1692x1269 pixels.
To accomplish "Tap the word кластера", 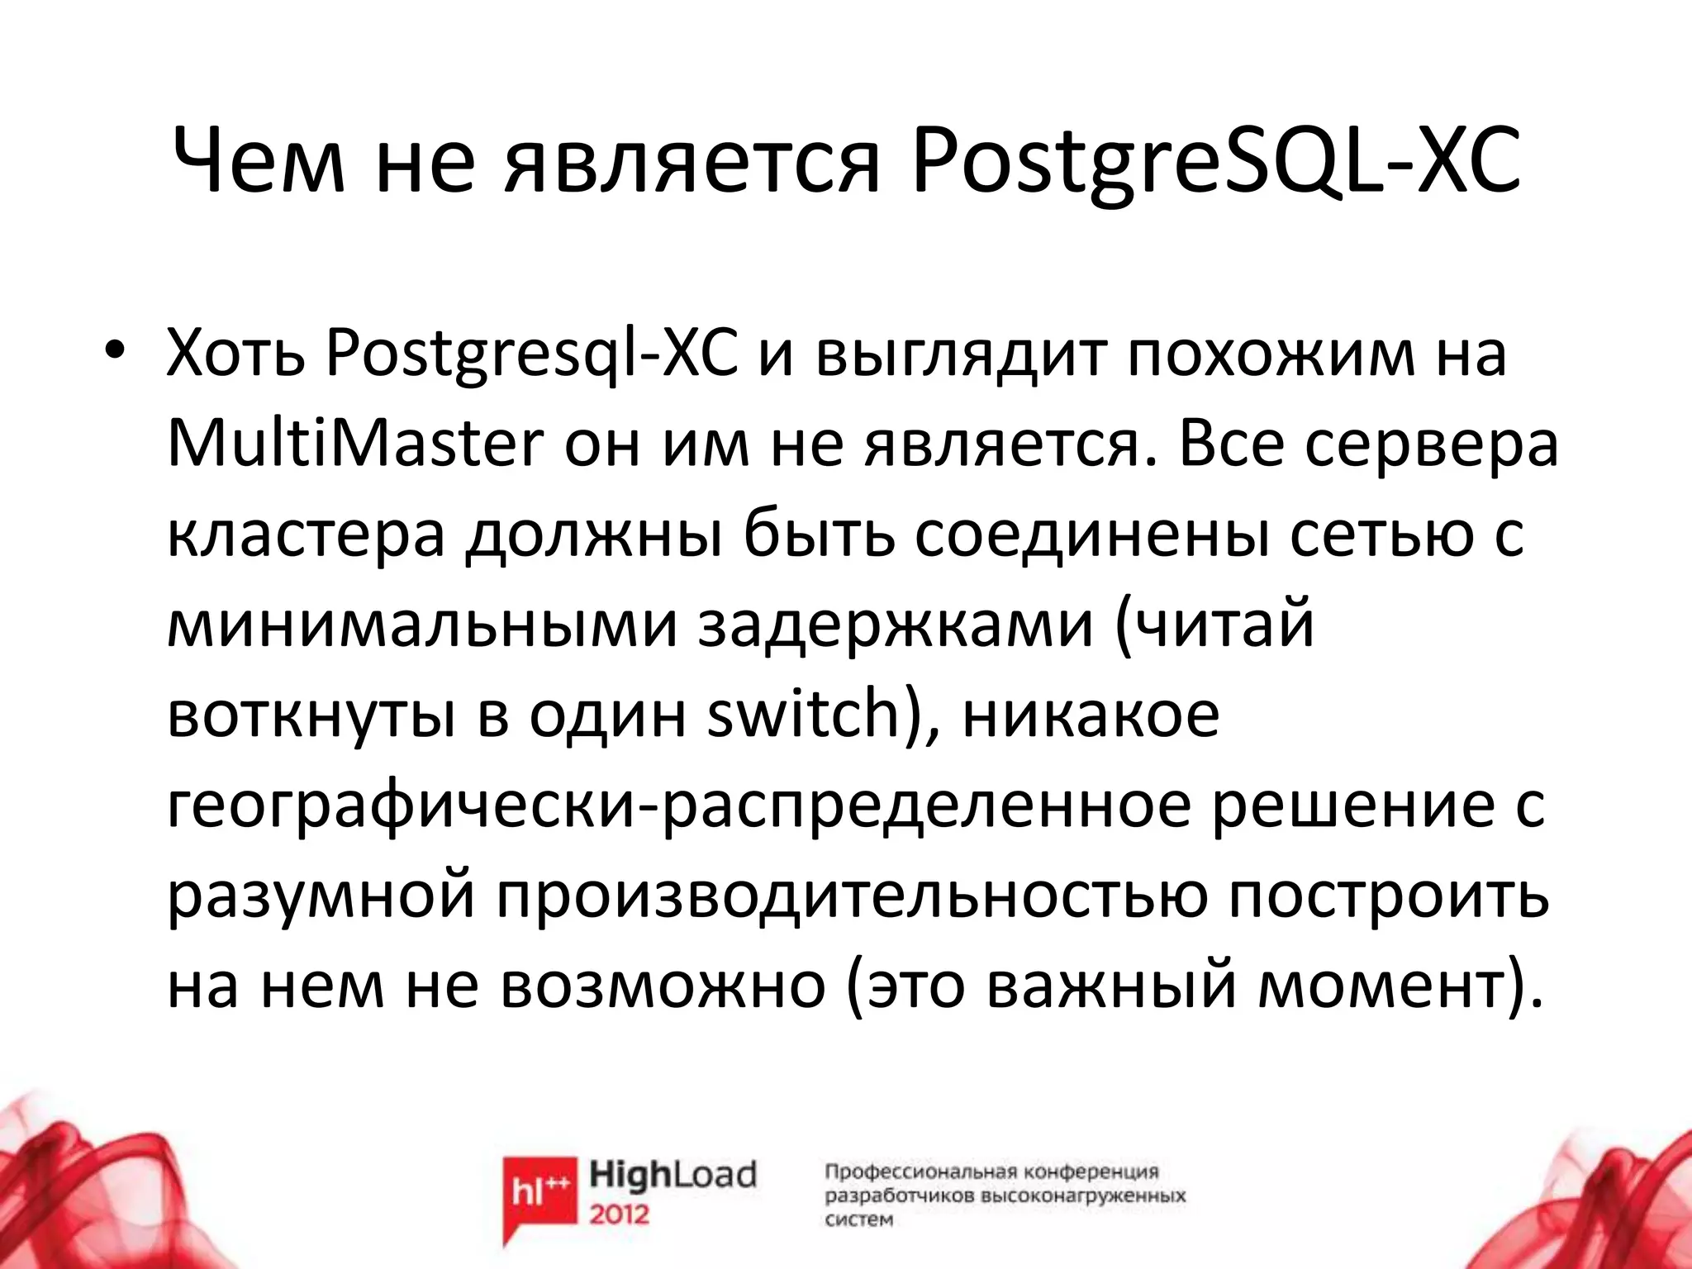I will point(306,535).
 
